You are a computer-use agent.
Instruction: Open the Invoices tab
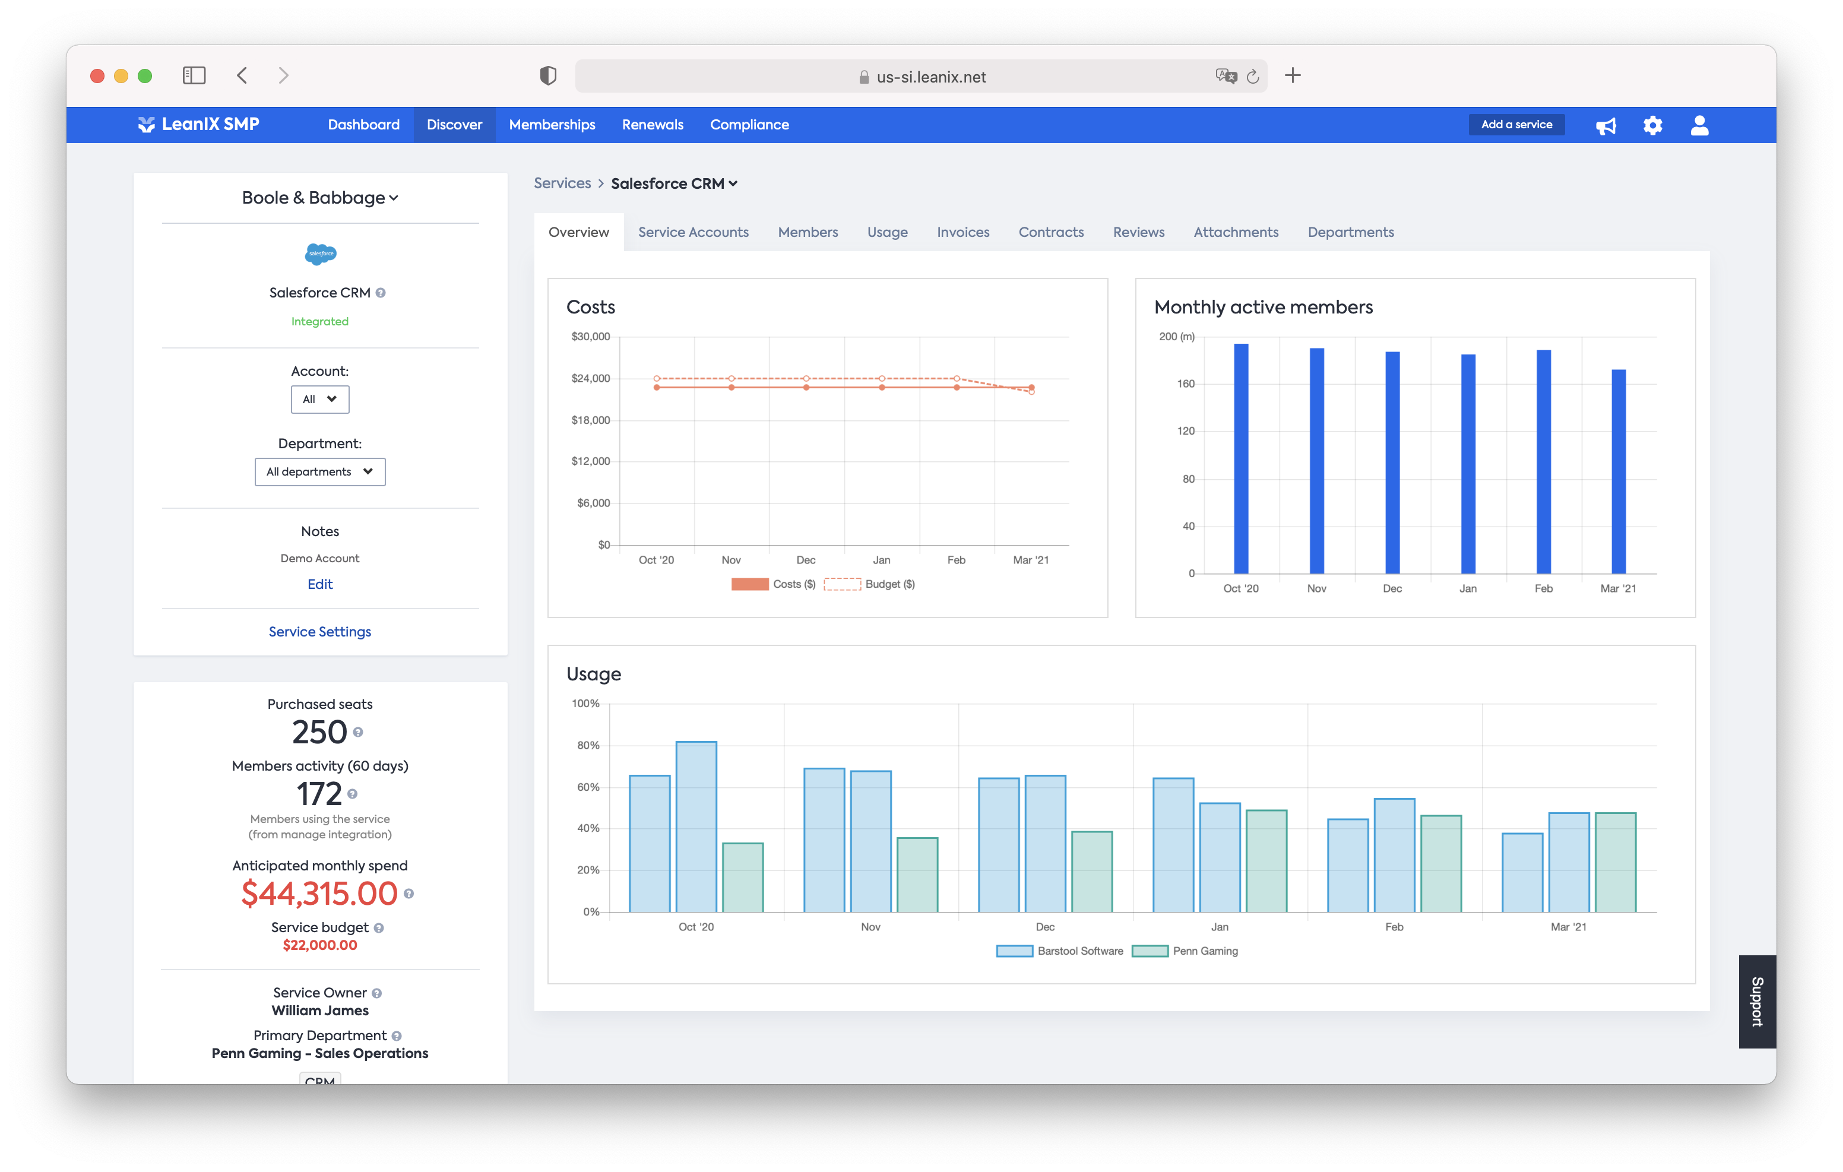[x=963, y=232]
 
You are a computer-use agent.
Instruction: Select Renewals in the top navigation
[x=652, y=125]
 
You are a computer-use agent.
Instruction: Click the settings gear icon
[x=1652, y=125]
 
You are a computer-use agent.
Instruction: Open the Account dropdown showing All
[x=320, y=400]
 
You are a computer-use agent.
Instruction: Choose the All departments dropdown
[x=320, y=471]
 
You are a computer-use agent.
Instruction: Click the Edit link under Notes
[x=320, y=584]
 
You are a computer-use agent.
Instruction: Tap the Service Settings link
[x=320, y=632]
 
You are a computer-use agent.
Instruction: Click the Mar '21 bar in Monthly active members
[x=1618, y=471]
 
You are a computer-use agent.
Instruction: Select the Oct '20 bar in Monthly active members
[x=1241, y=460]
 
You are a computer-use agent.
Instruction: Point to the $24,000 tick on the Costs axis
[x=590, y=378]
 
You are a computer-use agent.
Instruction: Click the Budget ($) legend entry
[x=869, y=584]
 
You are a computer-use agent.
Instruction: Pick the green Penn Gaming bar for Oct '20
[x=742, y=878]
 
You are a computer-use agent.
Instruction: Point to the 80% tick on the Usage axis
[x=588, y=745]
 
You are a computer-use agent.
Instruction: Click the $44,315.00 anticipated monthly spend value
[x=319, y=894]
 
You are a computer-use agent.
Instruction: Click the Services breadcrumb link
[x=562, y=183]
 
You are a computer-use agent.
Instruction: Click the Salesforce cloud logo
[x=320, y=254]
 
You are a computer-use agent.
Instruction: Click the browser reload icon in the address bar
[x=1252, y=77]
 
